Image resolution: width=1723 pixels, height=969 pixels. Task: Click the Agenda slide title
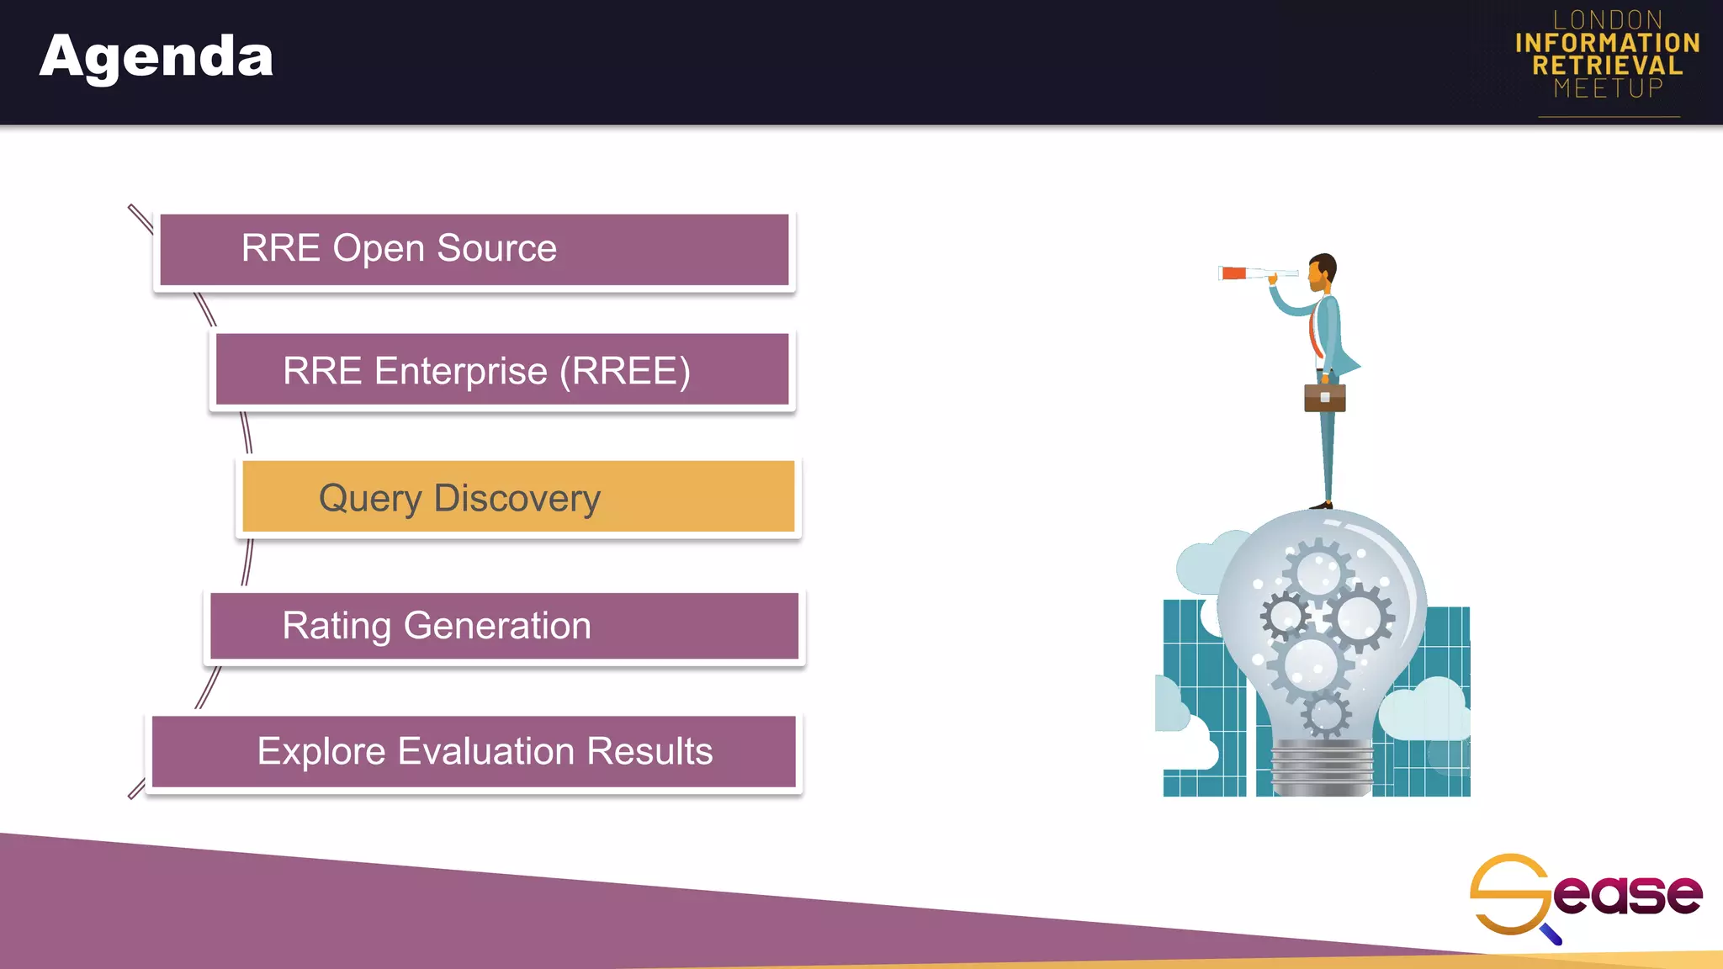click(x=156, y=57)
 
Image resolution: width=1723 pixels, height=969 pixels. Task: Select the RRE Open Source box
click(x=474, y=250)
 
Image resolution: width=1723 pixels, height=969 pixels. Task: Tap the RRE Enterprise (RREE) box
click(x=501, y=370)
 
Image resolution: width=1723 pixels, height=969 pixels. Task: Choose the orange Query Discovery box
click(x=517, y=497)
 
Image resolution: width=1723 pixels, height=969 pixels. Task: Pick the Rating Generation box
click(x=503, y=626)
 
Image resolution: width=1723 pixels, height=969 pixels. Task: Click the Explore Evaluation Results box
click(x=474, y=751)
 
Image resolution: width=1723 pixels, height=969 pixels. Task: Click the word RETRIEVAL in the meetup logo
click(x=1607, y=66)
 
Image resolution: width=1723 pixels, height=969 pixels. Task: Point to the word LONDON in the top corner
click(x=1607, y=19)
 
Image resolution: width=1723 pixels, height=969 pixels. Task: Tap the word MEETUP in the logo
click(x=1608, y=88)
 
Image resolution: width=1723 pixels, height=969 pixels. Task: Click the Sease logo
click(x=1585, y=895)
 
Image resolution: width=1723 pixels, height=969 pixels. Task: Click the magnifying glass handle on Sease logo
click(x=1552, y=935)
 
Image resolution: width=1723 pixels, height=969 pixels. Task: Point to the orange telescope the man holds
click(x=1235, y=273)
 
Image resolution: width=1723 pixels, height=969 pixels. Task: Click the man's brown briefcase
click(x=1324, y=397)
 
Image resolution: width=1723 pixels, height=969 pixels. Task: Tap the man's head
click(x=1323, y=268)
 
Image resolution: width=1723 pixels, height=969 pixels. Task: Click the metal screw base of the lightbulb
click(x=1321, y=767)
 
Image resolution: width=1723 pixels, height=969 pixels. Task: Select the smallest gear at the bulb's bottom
click(x=1326, y=715)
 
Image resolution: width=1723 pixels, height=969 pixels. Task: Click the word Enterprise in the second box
click(x=460, y=371)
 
